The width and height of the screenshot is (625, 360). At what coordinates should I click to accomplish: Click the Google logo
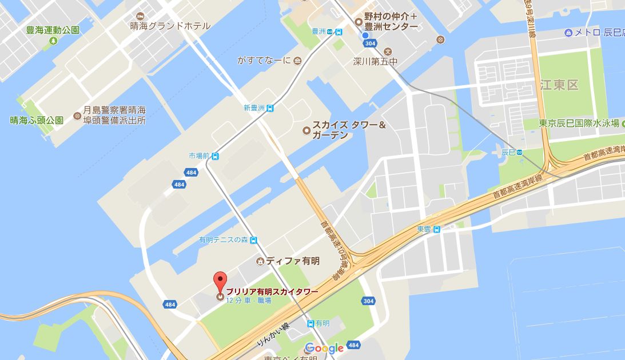point(324,348)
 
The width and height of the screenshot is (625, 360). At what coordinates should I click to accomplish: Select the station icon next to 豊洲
point(339,32)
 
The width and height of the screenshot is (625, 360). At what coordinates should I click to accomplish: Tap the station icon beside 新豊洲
point(270,107)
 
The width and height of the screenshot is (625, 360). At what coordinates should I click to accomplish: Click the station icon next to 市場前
point(215,155)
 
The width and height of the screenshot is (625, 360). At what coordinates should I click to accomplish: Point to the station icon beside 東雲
point(437,229)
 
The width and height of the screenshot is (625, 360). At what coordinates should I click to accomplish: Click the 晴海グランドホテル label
point(170,26)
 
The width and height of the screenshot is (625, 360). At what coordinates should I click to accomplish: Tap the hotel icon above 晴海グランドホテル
point(141,14)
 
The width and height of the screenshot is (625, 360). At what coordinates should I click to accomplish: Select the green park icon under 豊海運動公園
point(53,41)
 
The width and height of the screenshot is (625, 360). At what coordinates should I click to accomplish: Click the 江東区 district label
point(559,85)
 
